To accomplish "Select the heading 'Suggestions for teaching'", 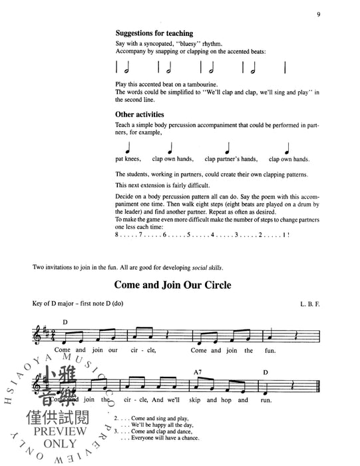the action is pyautogui.click(x=154, y=33).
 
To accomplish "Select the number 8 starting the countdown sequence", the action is pyautogui.click(x=116, y=235).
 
